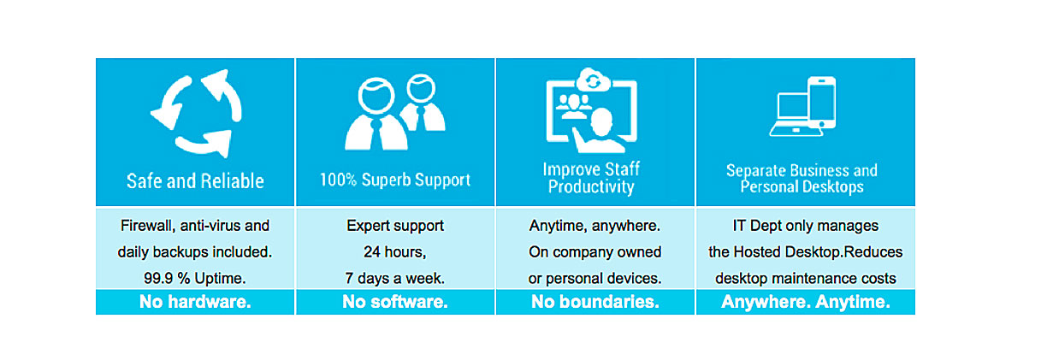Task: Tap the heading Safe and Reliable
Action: click(195, 181)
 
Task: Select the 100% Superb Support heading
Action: click(395, 180)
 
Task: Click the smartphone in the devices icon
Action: click(821, 103)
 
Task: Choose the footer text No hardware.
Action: click(195, 302)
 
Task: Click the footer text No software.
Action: click(395, 302)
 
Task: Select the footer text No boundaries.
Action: click(595, 302)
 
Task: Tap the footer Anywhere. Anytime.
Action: click(806, 302)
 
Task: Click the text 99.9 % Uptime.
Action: click(195, 278)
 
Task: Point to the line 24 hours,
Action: click(395, 252)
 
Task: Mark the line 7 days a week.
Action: click(395, 278)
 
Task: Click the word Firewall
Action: click(148, 226)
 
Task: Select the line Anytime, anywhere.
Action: click(595, 226)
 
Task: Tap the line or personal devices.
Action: click(595, 278)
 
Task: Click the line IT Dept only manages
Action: click(805, 226)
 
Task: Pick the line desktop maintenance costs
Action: click(806, 278)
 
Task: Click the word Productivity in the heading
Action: click(591, 186)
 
